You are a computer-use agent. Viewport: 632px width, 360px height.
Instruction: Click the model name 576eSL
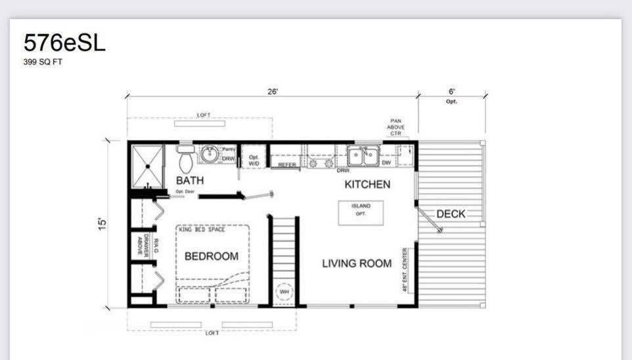coord(64,43)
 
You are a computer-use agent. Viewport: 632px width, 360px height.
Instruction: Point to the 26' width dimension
coord(273,92)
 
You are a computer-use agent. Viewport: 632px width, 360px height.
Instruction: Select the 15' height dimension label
coord(102,223)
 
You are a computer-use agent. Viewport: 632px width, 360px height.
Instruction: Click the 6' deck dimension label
coord(452,92)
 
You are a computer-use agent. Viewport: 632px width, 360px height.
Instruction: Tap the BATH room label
coord(190,180)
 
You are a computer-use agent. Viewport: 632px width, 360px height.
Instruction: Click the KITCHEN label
coord(367,185)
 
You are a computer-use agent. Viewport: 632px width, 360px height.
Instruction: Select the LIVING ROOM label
coord(357,263)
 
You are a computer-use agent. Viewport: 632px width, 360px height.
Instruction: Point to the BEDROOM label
coord(211,256)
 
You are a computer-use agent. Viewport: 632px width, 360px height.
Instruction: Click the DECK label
coord(451,214)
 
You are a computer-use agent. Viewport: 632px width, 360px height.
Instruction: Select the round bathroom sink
coord(210,156)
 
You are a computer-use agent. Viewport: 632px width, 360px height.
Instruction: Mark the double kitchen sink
coord(363,156)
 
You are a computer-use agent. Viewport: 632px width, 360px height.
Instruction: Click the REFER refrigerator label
coord(287,165)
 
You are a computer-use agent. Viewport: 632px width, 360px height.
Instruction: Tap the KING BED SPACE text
coord(202,229)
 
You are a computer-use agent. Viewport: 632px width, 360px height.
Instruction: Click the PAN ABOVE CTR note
coord(395,127)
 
